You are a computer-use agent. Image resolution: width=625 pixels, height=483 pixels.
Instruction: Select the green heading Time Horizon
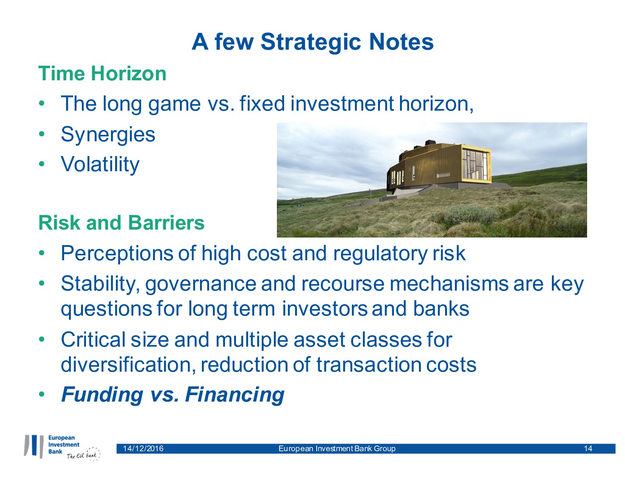tap(102, 73)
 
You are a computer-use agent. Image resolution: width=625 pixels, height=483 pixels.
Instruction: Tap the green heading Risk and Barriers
tap(121, 223)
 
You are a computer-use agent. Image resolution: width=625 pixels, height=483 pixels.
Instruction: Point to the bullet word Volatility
tap(100, 165)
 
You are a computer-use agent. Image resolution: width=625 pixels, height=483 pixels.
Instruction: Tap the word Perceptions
tap(117, 254)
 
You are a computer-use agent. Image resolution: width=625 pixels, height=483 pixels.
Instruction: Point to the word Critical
tap(93, 340)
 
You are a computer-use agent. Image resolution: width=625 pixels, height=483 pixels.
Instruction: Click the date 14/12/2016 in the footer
tap(143, 449)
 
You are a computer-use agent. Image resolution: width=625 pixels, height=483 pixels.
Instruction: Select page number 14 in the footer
tap(588, 449)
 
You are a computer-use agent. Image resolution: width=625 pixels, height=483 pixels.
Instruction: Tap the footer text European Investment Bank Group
tap(337, 449)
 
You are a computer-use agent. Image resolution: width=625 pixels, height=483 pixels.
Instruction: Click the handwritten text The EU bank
tap(82, 455)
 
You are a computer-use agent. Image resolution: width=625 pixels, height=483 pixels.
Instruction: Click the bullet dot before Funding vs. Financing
tap(42, 394)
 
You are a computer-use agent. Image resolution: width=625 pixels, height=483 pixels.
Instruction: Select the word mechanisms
tap(448, 284)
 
